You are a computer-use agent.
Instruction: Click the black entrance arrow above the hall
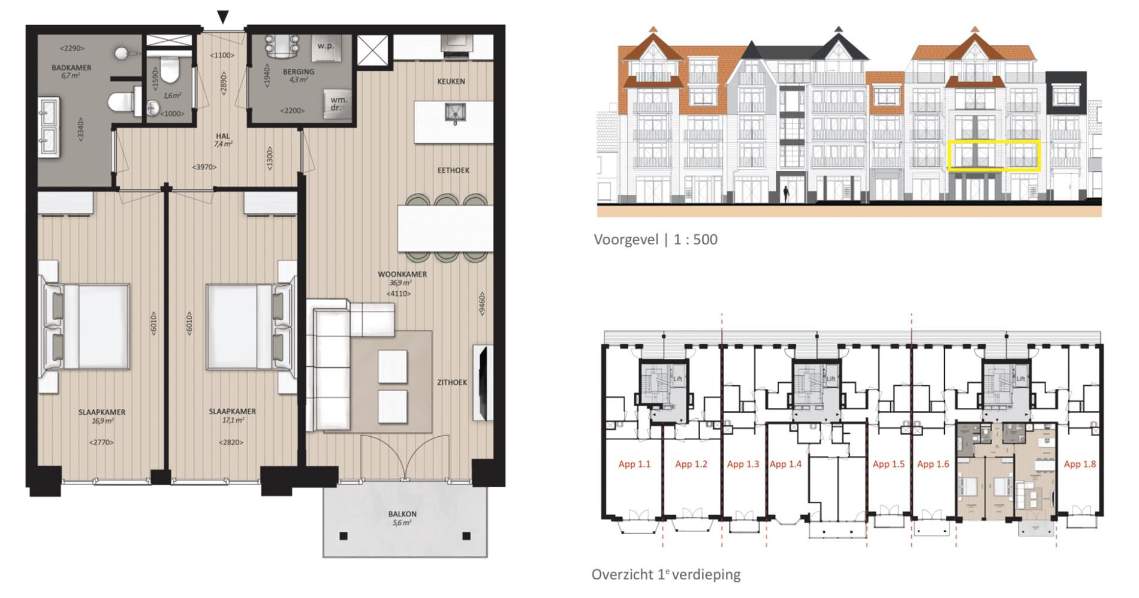[x=223, y=17]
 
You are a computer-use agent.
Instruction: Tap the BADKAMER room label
[x=71, y=68]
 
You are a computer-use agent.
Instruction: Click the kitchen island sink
[x=454, y=112]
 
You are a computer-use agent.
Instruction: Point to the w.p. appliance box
[x=326, y=46]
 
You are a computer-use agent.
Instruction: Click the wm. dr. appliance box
[x=339, y=104]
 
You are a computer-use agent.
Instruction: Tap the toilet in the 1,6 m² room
[x=170, y=70]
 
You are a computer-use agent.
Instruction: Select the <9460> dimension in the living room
[x=481, y=303]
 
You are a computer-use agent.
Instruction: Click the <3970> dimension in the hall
[x=204, y=167]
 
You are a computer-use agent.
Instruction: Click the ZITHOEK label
[x=452, y=382]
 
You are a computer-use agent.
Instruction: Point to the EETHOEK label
[x=453, y=170]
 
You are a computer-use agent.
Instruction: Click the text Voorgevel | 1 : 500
[x=655, y=240]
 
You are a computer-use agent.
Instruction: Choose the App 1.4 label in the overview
[x=785, y=464]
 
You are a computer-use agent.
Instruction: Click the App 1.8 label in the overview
[x=1080, y=464]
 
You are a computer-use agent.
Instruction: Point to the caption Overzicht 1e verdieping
[x=666, y=574]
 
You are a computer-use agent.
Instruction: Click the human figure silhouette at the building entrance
[x=786, y=194]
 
